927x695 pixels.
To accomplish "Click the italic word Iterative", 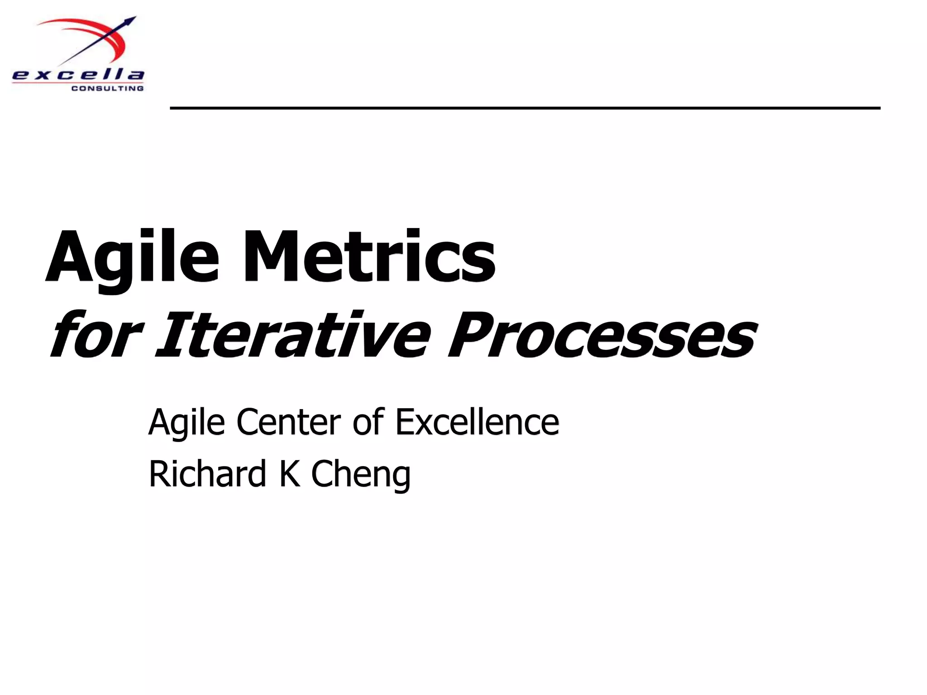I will click(290, 335).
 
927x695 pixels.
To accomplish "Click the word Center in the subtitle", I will click(288, 422).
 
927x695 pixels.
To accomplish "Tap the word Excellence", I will click(477, 422).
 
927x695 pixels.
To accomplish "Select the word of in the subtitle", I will click(368, 422).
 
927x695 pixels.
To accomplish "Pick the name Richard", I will click(207, 474).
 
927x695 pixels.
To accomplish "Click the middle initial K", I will click(290, 474).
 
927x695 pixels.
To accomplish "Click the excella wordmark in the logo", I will click(78, 75).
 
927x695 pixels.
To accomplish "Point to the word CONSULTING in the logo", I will click(108, 89).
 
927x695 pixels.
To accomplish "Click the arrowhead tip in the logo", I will click(134, 18).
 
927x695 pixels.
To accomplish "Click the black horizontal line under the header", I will click(525, 108).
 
